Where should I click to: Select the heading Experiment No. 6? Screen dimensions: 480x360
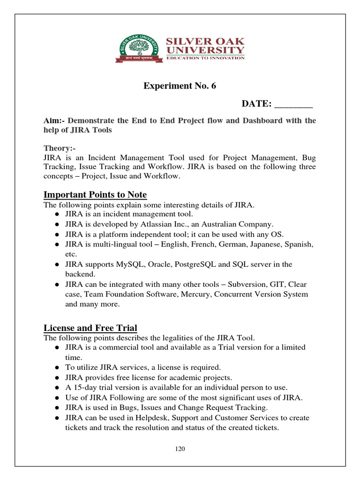click(x=180, y=86)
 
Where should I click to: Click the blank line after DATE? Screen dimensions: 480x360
click(x=293, y=104)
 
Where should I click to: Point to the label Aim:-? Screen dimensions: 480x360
click(x=54, y=120)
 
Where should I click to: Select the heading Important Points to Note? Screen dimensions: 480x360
click(x=95, y=195)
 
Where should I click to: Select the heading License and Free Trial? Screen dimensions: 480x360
click(x=90, y=328)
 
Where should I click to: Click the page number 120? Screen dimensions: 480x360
click(x=180, y=449)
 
